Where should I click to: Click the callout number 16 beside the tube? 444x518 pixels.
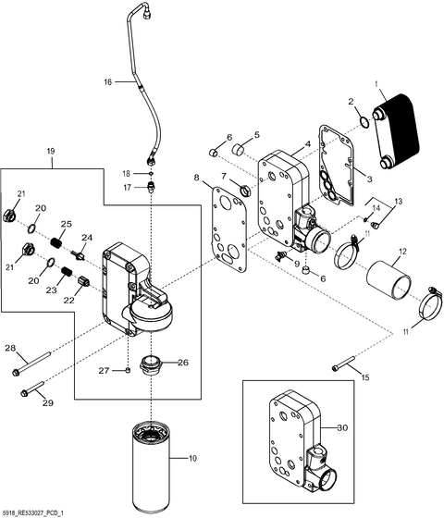(107, 82)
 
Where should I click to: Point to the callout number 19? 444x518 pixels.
(51, 152)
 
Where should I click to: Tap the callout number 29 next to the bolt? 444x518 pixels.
(49, 404)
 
